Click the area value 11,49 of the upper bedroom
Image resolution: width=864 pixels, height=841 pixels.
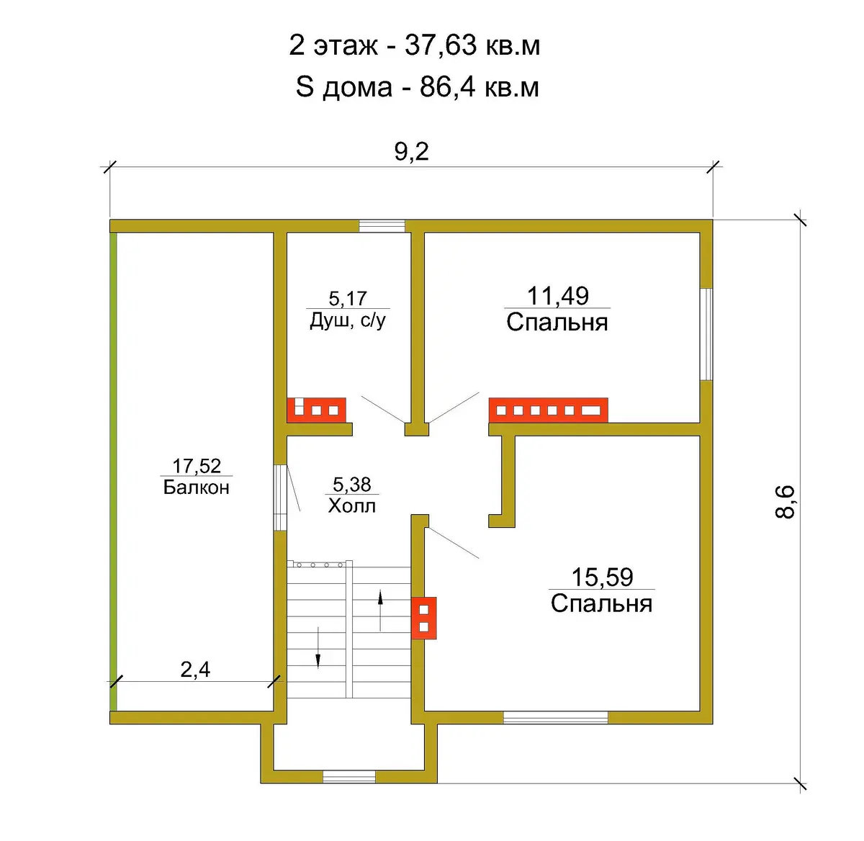point(558,296)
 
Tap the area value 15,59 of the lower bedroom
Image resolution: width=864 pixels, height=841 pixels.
point(602,577)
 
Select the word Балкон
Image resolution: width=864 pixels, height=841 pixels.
point(197,487)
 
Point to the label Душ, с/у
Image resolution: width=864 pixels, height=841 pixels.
point(348,320)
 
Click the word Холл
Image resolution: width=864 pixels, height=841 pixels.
point(351,505)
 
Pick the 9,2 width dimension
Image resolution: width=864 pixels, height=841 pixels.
point(412,152)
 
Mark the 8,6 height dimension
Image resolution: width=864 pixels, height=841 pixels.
point(785,502)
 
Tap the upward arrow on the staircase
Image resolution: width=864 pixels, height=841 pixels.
point(380,611)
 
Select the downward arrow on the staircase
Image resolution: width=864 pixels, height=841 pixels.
point(318,647)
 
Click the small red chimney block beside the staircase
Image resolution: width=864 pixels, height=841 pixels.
point(423,618)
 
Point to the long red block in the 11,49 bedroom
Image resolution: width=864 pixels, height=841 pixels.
point(549,410)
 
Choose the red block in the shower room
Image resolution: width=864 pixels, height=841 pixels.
point(316,410)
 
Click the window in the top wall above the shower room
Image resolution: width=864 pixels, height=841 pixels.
point(382,226)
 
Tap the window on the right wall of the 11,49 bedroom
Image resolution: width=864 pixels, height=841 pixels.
point(706,334)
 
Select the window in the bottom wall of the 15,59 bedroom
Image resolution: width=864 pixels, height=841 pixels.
point(555,718)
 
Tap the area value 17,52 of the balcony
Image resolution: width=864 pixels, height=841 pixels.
point(197,467)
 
